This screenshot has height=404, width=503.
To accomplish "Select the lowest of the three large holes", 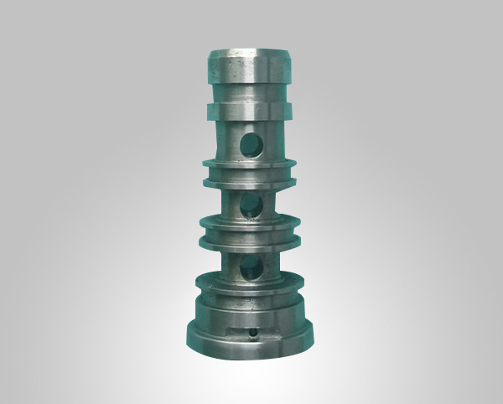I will [251, 267].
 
